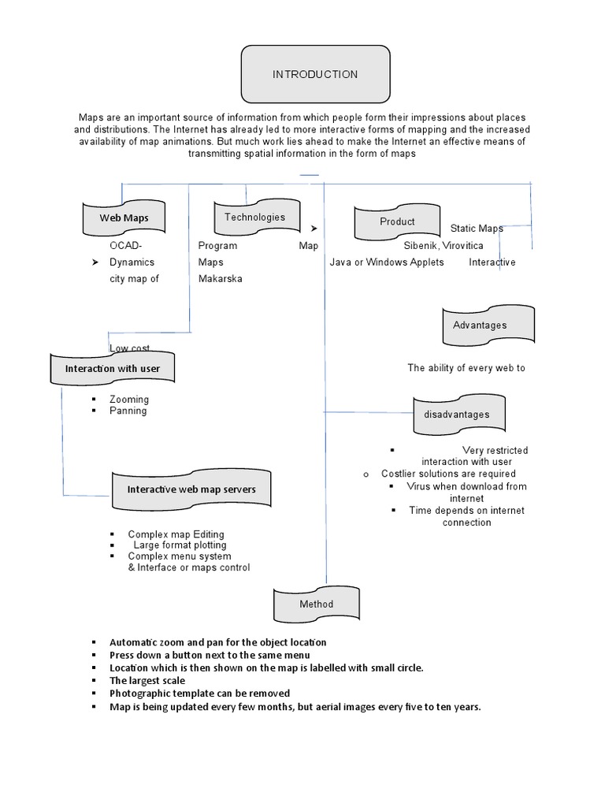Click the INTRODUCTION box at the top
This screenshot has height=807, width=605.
pyautogui.click(x=315, y=75)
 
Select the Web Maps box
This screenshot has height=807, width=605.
pyautogui.click(x=124, y=218)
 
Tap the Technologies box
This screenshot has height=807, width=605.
pyautogui.click(x=254, y=218)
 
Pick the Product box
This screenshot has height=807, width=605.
pyautogui.click(x=397, y=222)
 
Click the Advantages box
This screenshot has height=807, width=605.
pyautogui.click(x=480, y=325)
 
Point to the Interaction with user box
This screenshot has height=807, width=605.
pyautogui.click(x=112, y=369)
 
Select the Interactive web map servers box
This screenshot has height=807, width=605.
pyautogui.click(x=191, y=489)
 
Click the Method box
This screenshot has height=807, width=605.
pyautogui.click(x=316, y=604)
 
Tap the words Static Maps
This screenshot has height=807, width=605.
pyautogui.click(x=477, y=229)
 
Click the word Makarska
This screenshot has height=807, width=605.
pyautogui.click(x=220, y=279)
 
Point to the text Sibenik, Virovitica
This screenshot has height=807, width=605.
pyautogui.click(x=444, y=246)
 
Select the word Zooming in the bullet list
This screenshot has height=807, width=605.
pyautogui.click(x=129, y=400)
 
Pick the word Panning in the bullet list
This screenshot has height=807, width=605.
pyautogui.click(x=128, y=411)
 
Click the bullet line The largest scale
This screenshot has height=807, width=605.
pyautogui.click(x=147, y=681)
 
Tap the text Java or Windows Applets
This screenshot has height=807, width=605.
pyautogui.click(x=387, y=262)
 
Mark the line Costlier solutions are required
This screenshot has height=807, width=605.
pyautogui.click(x=448, y=474)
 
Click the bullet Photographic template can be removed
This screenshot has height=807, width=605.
pyautogui.click(x=199, y=694)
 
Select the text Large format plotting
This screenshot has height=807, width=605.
pyautogui.click(x=180, y=545)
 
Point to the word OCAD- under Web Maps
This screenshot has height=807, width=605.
pyautogui.click(x=126, y=246)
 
